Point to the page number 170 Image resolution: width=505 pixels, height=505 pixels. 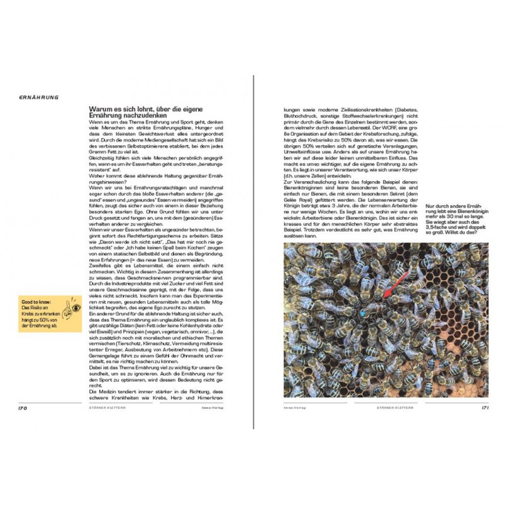click(22, 408)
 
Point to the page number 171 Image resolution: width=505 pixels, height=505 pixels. click(485, 408)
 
